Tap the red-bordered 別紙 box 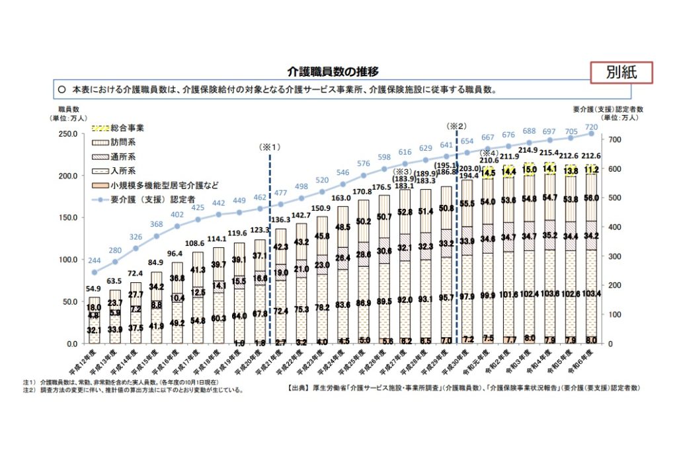[621, 73]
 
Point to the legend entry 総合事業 [128, 127]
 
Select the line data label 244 [95, 261]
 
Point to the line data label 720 [592, 126]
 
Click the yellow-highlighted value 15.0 [530, 169]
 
